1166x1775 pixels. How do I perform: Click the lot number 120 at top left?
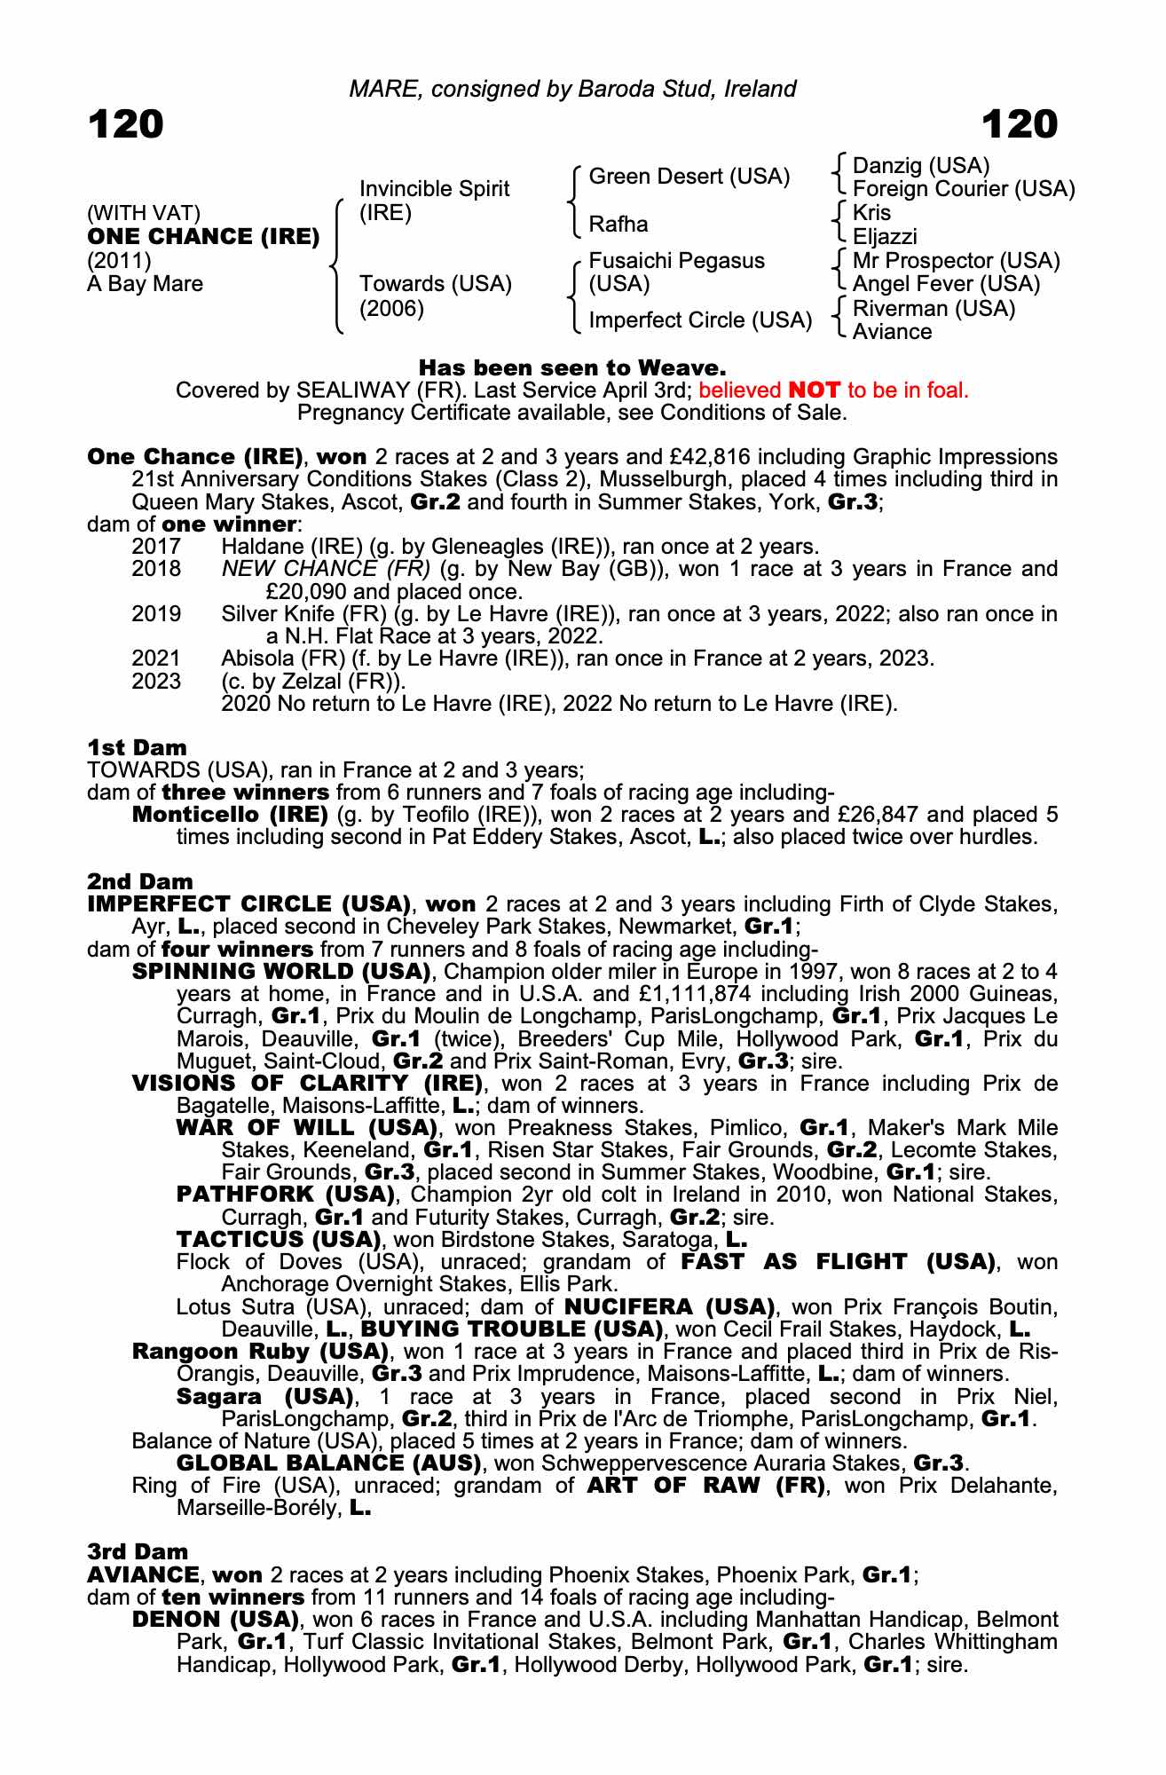pyautogui.click(x=126, y=124)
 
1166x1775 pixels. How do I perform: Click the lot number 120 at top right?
pyautogui.click(x=1020, y=124)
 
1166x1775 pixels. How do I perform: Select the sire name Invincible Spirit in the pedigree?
pyautogui.click(x=434, y=189)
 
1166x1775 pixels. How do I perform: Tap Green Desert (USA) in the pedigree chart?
pyautogui.click(x=689, y=177)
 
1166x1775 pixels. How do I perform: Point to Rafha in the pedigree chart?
pyautogui.click(x=618, y=225)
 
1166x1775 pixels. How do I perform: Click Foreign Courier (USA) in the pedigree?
pyautogui.click(x=963, y=189)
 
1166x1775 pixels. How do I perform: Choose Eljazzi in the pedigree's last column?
pyautogui.click(x=884, y=237)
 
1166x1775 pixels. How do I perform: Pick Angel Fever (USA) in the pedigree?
pyautogui.click(x=945, y=284)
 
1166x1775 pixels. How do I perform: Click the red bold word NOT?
pyautogui.click(x=814, y=390)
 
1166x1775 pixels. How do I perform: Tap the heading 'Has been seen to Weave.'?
pyautogui.click(x=572, y=367)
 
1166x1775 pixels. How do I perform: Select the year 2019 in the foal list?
pyautogui.click(x=156, y=614)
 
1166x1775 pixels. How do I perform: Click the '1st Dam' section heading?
pyautogui.click(x=137, y=747)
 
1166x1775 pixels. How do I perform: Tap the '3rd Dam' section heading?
pyautogui.click(x=138, y=1552)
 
